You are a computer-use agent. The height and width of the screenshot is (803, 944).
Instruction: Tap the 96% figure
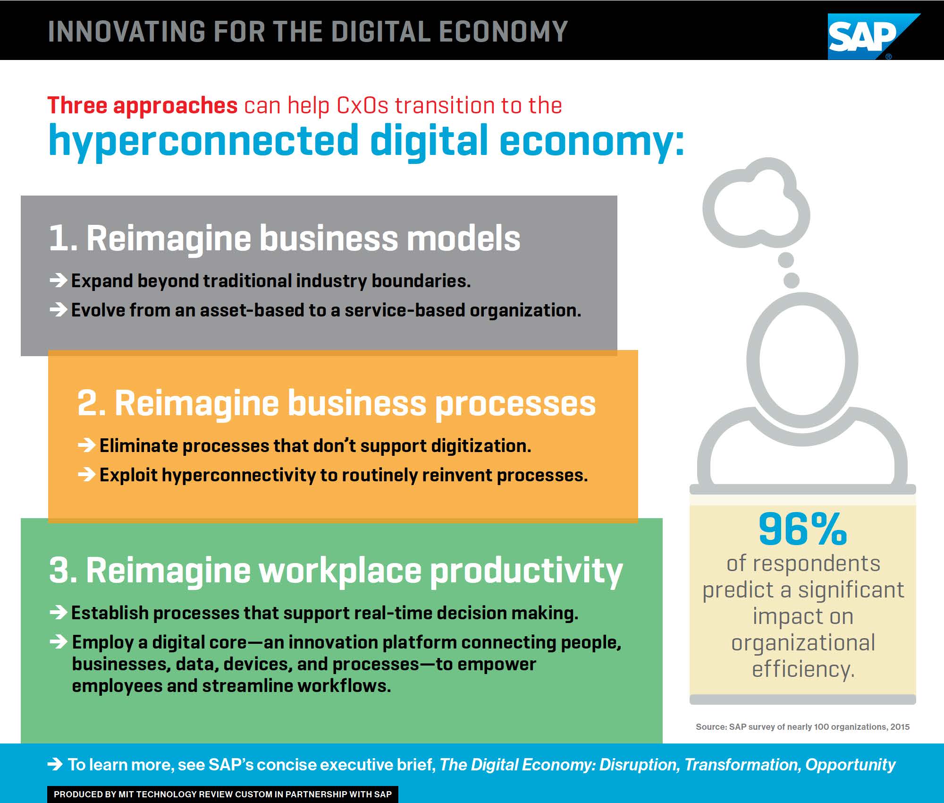803,530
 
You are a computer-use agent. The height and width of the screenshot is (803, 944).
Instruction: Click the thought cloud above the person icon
756,203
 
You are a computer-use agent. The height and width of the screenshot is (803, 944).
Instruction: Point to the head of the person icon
802,359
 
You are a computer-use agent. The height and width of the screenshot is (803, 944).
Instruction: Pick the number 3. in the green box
63,570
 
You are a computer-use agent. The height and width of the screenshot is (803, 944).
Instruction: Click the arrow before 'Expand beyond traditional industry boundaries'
59,281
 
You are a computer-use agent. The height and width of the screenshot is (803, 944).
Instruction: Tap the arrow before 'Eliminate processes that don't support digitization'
87,445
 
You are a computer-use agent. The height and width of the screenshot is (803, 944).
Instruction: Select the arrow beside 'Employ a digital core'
59,642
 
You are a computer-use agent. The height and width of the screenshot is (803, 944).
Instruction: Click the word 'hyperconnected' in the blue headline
203,140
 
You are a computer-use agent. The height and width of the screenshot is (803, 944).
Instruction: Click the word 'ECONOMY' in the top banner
503,31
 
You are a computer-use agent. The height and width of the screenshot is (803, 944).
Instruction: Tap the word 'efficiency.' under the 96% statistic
803,669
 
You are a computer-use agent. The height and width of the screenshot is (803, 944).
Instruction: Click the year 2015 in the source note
900,727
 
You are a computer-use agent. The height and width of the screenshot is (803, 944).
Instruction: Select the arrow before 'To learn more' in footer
55,764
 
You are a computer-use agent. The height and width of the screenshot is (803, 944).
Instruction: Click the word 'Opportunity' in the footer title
850,765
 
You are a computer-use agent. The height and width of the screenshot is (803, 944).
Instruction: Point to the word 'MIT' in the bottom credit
126,794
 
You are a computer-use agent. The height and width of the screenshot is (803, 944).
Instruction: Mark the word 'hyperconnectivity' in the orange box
238,475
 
